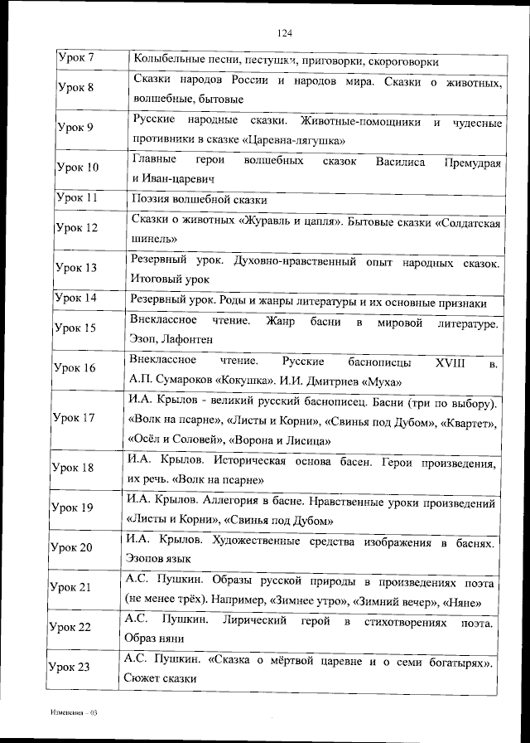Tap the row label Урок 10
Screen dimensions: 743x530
76,168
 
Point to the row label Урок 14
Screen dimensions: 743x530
75,298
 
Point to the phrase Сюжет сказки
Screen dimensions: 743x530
159,678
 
